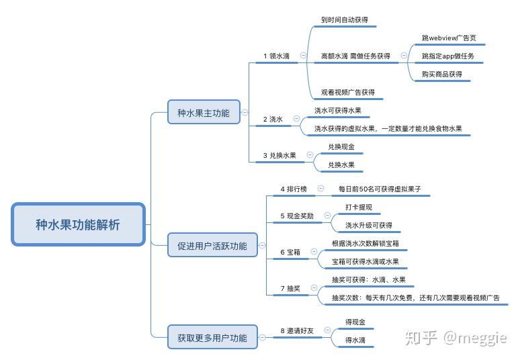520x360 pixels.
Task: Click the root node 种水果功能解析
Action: tap(78, 224)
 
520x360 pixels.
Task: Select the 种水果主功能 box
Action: tap(203, 113)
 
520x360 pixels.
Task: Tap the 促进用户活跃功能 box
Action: tap(207, 246)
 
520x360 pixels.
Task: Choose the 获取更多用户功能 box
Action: tap(207, 337)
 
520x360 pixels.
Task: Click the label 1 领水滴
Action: tap(276, 56)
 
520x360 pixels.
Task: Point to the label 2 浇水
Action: tap(273, 119)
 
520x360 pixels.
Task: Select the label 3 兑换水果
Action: tap(279, 155)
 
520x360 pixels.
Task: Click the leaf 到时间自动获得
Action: tap(344, 20)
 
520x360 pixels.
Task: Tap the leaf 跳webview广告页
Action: tap(449, 38)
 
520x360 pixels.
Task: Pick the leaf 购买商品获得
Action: tap(442, 74)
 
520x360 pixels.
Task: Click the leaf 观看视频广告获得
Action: tap(347, 92)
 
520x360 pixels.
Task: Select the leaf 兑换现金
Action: tap(341, 146)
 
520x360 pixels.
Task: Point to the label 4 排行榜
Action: tap(293, 189)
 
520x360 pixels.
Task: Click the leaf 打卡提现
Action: tap(358, 208)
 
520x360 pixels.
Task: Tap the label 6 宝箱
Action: tap(290, 252)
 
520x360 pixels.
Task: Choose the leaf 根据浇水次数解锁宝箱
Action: tap(370, 243)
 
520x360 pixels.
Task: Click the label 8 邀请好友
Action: tap(297, 330)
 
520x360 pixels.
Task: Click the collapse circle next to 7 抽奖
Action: tap(314, 289)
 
